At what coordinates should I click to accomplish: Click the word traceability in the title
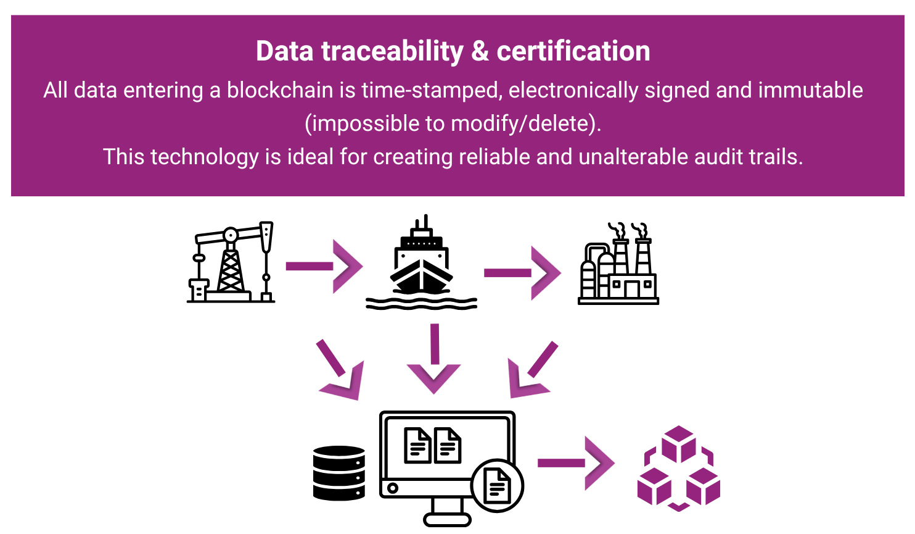[x=392, y=52]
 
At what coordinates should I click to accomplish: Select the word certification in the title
[x=573, y=51]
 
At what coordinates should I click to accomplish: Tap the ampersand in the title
[x=480, y=51]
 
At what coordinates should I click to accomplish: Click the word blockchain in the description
[x=280, y=90]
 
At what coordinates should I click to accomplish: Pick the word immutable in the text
[x=810, y=90]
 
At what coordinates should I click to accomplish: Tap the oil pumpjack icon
[x=231, y=262]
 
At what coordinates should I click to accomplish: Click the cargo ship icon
[x=422, y=262]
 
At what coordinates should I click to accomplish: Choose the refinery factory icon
[x=618, y=264]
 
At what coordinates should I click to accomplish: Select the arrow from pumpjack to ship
[x=324, y=267]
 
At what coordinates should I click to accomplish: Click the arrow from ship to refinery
[x=522, y=273]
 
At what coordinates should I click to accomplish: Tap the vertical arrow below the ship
[x=434, y=359]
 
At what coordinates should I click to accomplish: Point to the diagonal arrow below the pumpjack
[x=340, y=370]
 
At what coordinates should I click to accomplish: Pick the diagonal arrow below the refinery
[x=532, y=370]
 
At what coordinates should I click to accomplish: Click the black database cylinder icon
[x=339, y=473]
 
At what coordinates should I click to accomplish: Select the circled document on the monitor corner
[x=497, y=486]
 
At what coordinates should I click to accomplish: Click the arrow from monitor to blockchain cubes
[x=576, y=463]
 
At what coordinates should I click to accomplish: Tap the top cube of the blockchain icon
[x=678, y=444]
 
